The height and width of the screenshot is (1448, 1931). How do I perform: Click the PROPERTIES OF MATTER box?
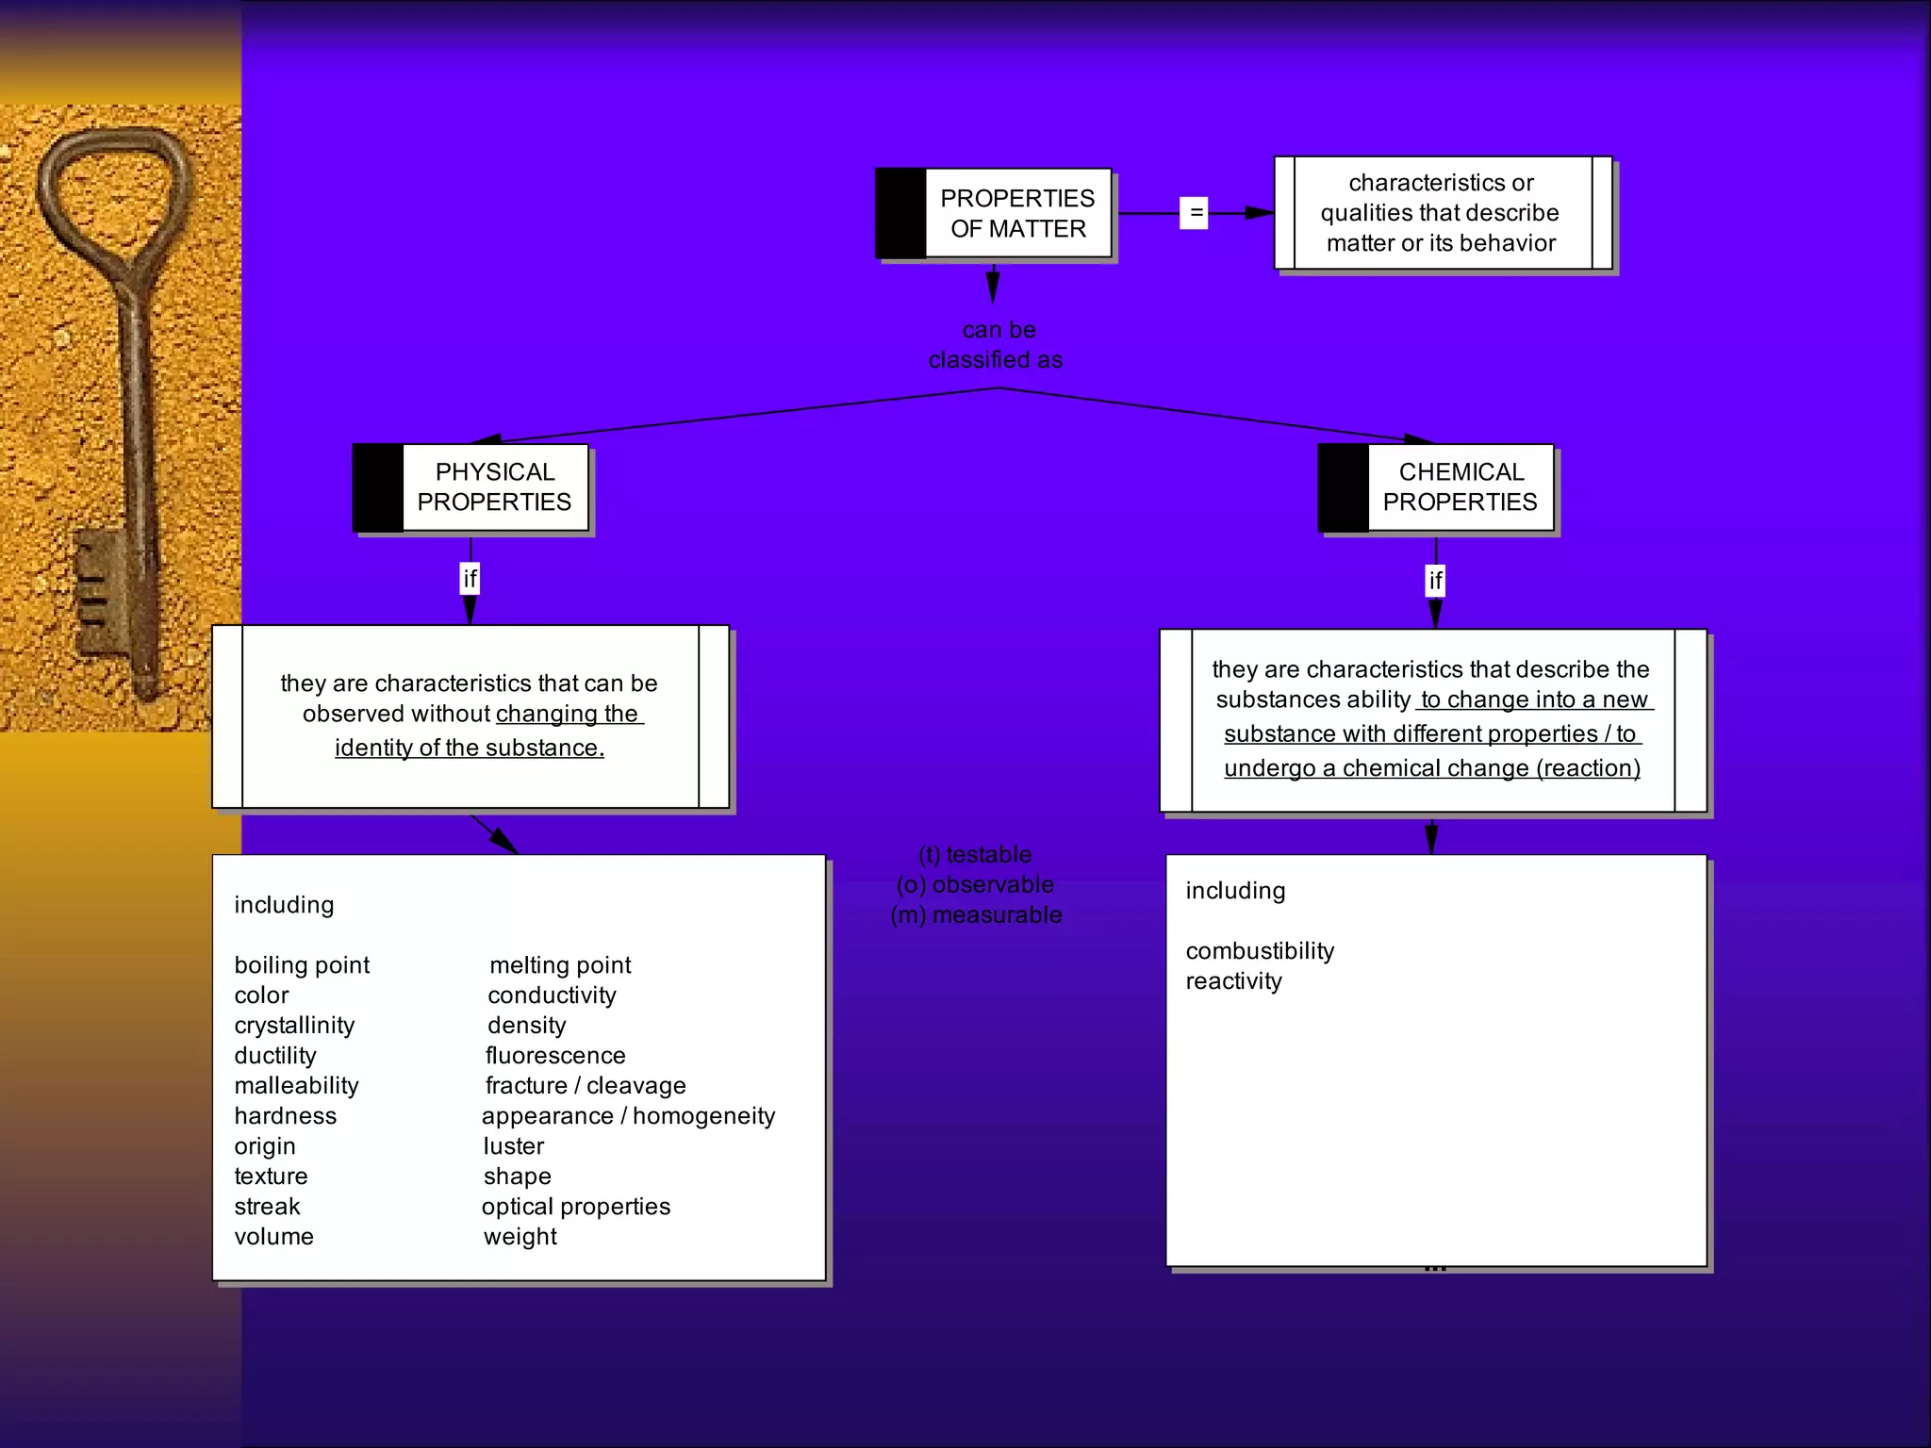pos(1016,213)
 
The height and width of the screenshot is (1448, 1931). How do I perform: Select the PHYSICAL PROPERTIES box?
pos(493,487)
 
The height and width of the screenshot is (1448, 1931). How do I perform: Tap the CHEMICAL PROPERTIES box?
pos(1459,487)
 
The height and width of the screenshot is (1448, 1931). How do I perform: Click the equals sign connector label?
pos(1195,213)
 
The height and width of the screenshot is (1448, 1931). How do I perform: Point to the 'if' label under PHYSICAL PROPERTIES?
pos(470,578)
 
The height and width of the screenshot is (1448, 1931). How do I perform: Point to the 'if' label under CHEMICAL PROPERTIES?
pos(1435,580)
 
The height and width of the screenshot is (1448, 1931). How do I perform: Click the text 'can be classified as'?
pos(997,345)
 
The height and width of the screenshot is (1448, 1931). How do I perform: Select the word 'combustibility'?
pos(1260,950)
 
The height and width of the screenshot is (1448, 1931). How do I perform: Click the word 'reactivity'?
pos(1233,980)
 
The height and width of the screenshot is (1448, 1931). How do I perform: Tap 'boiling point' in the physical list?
pos(302,965)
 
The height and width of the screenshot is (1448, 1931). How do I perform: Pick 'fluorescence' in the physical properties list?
pos(555,1056)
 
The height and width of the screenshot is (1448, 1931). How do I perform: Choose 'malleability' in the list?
pos(296,1086)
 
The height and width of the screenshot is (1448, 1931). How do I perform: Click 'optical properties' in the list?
pos(576,1207)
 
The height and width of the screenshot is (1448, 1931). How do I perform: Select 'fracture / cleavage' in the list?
pos(586,1086)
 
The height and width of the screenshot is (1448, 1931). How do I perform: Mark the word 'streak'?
pos(267,1207)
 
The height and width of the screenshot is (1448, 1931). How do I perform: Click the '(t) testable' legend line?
pos(975,854)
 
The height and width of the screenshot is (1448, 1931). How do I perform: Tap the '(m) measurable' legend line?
pos(976,914)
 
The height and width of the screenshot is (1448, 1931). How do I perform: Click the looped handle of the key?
pos(113,189)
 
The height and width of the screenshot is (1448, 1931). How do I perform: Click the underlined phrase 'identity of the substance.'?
pos(470,748)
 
